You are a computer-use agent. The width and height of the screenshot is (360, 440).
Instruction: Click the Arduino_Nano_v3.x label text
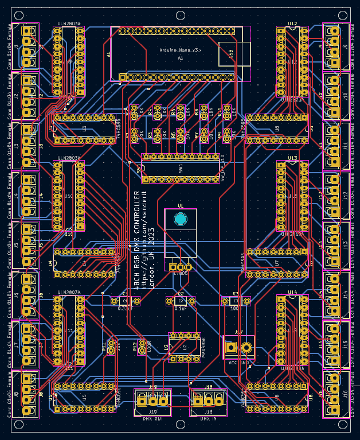point(181,50)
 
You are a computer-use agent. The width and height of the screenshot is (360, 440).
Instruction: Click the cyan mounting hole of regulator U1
point(181,219)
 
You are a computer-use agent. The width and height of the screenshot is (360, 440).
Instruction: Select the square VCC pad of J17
point(231,347)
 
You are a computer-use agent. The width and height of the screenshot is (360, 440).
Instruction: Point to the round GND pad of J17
point(247,347)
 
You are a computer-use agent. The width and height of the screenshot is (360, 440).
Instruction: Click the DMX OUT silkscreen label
point(153,420)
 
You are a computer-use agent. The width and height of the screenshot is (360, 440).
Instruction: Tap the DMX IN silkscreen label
point(208,420)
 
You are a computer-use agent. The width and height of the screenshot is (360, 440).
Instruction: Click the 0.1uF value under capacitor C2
point(180,308)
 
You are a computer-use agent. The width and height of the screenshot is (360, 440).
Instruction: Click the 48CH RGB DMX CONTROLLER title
point(137,238)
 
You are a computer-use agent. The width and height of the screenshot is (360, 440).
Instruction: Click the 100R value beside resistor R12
point(149,346)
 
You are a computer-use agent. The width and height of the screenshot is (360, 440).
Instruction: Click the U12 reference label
point(292,24)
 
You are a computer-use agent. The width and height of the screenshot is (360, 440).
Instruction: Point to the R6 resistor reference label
point(173,113)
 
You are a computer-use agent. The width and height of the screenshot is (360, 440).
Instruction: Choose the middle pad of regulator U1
point(181,267)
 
